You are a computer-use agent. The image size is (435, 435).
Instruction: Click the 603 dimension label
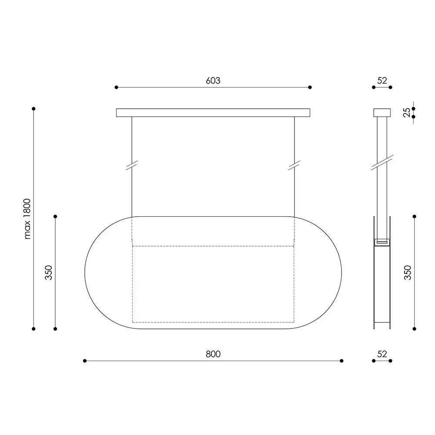(213, 80)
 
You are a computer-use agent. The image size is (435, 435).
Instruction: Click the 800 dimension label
(213, 354)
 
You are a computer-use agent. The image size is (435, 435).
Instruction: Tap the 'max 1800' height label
(27, 219)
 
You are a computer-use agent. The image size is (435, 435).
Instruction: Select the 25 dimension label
(406, 112)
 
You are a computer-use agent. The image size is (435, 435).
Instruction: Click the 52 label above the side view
(382, 80)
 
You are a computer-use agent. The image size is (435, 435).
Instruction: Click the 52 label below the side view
(382, 354)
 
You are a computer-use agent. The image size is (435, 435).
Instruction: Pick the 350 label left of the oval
(49, 272)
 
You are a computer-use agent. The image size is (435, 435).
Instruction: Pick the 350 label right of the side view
(408, 272)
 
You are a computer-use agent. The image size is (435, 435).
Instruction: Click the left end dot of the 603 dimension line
(116, 87)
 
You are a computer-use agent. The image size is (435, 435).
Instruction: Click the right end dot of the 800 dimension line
(341, 361)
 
